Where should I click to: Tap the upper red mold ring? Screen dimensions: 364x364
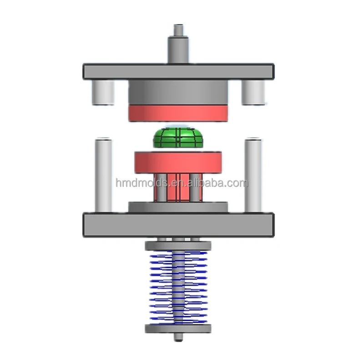[178, 113]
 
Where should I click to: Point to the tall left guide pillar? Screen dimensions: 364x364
[103, 175]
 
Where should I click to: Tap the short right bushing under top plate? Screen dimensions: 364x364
[253, 92]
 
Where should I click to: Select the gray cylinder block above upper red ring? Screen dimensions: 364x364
[178, 93]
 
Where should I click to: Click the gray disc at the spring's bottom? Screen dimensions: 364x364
[178, 329]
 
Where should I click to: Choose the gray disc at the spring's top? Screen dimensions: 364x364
[178, 246]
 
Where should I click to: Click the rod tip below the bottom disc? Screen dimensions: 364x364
[178, 338]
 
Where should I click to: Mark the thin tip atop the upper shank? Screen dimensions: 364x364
[178, 30]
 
